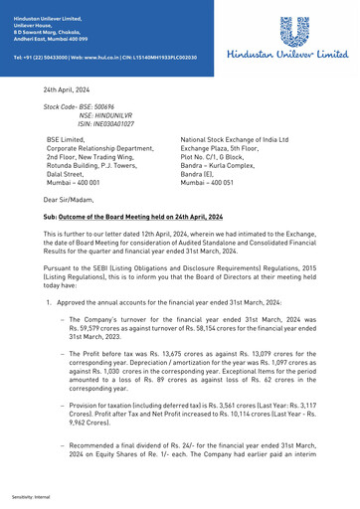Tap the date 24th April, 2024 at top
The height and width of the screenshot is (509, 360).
pyautogui.click(x=65, y=89)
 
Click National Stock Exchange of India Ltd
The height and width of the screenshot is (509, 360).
pyautogui.click(x=234, y=140)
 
